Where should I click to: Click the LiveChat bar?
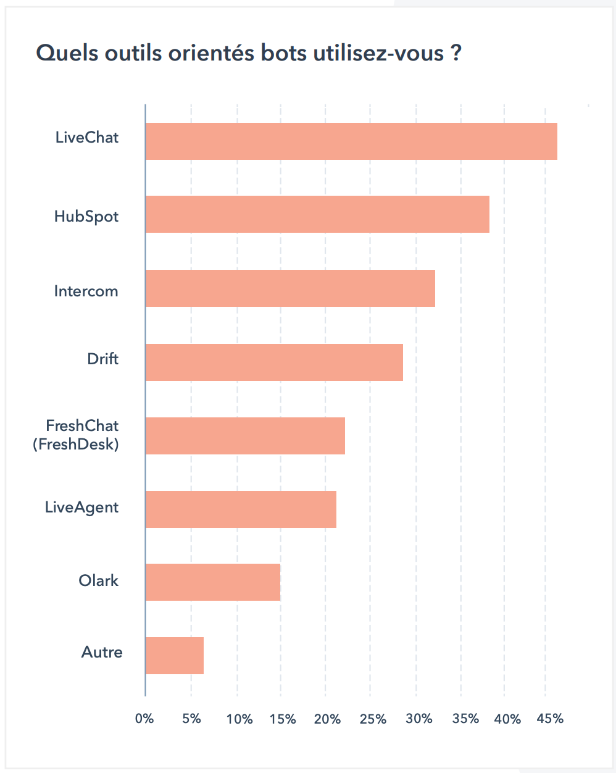tap(351, 141)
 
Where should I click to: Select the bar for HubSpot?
tap(317, 214)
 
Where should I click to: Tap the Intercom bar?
tap(290, 288)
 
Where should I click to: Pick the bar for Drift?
tap(274, 362)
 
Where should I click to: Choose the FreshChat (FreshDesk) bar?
tap(245, 436)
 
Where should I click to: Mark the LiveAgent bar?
tap(241, 509)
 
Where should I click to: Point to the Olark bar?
tap(213, 582)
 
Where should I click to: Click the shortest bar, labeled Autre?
tap(175, 655)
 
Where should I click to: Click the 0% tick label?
tap(144, 719)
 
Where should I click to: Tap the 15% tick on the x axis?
tap(283, 719)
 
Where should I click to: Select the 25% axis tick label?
tap(373, 719)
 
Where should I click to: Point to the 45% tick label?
tap(550, 719)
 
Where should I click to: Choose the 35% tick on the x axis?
tap(465, 719)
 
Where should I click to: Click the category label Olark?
tap(99, 580)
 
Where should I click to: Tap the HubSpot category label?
tap(86, 217)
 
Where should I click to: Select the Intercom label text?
tap(86, 291)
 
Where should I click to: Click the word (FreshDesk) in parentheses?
tap(76, 443)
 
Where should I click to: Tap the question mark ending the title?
tap(456, 53)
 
